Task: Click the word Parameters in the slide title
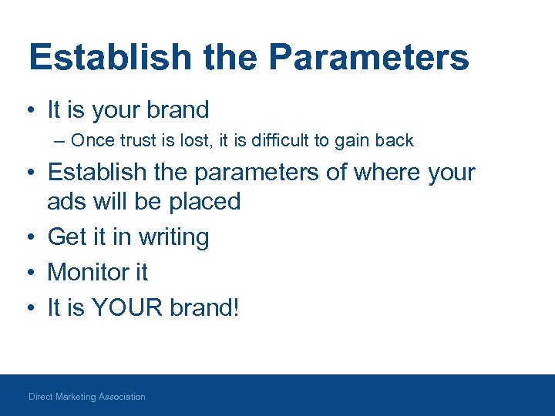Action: (x=370, y=58)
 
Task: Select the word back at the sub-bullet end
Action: (x=394, y=140)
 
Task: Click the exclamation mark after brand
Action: (x=237, y=307)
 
